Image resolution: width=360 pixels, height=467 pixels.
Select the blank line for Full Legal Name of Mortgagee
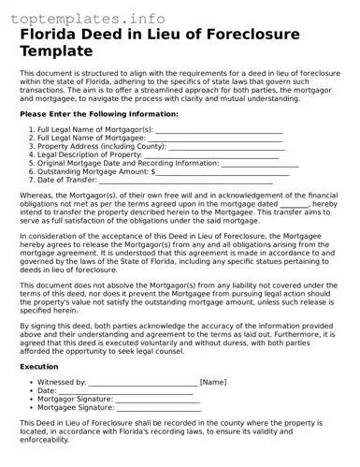(x=214, y=139)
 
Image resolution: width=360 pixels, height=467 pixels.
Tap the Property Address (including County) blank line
(x=239, y=147)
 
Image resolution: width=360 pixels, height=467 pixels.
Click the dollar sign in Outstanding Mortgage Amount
(x=153, y=172)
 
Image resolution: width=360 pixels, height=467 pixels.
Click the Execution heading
(x=38, y=367)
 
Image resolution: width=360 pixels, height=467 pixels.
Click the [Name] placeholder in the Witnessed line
(x=213, y=383)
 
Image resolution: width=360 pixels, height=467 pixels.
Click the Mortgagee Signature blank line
(x=159, y=408)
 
